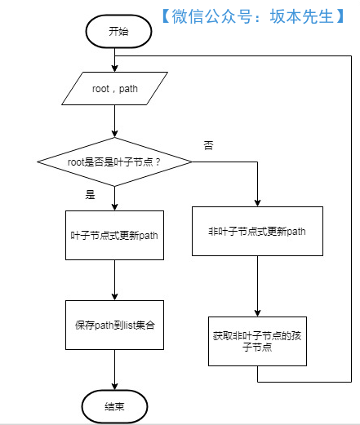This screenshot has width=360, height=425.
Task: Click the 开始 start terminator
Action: point(118,32)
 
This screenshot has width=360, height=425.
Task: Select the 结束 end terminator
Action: point(114,405)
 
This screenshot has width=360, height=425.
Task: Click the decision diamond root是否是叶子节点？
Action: point(114,162)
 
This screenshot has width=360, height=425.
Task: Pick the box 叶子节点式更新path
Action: point(114,234)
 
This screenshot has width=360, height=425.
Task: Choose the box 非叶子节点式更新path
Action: point(257,231)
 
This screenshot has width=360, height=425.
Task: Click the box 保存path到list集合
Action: point(114,324)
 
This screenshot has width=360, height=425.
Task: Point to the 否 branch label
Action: point(209,144)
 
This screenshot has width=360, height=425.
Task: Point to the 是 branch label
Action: point(91,195)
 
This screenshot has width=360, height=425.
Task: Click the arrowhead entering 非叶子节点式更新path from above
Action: point(257,201)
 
